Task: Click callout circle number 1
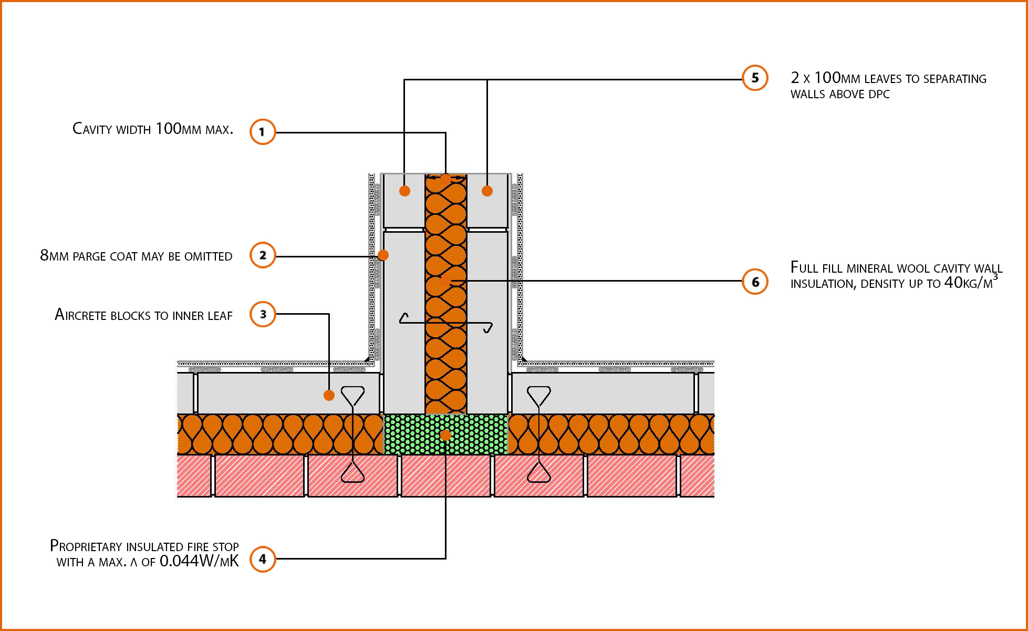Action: click(x=262, y=131)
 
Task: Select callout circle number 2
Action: click(x=263, y=255)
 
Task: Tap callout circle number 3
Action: click(x=263, y=314)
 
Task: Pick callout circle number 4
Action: click(x=263, y=559)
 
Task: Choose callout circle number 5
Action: click(x=755, y=78)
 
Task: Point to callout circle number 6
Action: click(x=755, y=282)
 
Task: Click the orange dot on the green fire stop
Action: click(x=445, y=435)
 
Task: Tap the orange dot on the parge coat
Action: click(x=383, y=255)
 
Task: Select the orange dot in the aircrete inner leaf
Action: click(x=329, y=395)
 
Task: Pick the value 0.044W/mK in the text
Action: click(x=199, y=562)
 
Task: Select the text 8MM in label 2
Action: click(x=54, y=256)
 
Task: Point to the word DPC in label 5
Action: click(x=879, y=95)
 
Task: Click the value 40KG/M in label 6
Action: click(x=970, y=283)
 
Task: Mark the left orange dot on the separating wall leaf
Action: click(x=404, y=191)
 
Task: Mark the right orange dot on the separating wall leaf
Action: click(x=487, y=191)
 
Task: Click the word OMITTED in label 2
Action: click(x=208, y=256)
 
